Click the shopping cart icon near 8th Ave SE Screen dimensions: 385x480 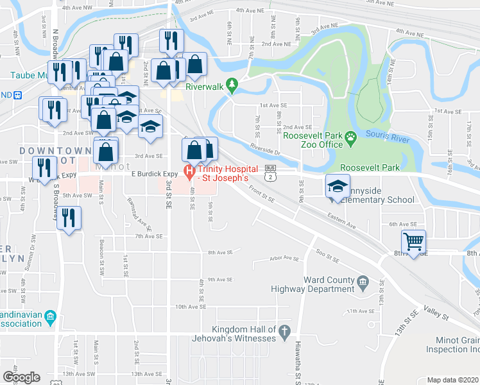coord(414,242)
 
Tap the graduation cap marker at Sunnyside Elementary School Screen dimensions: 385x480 coord(338,186)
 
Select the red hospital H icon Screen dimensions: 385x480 coord(189,171)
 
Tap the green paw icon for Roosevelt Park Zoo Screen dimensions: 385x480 coord(351,136)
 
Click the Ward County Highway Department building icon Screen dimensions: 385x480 coord(363,281)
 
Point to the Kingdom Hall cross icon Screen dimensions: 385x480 coord(285,330)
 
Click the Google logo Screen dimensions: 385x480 coord(21,377)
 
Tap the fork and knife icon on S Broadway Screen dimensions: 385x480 coord(68,218)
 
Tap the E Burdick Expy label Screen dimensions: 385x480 coord(154,173)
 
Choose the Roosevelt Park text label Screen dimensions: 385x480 coord(370,167)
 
